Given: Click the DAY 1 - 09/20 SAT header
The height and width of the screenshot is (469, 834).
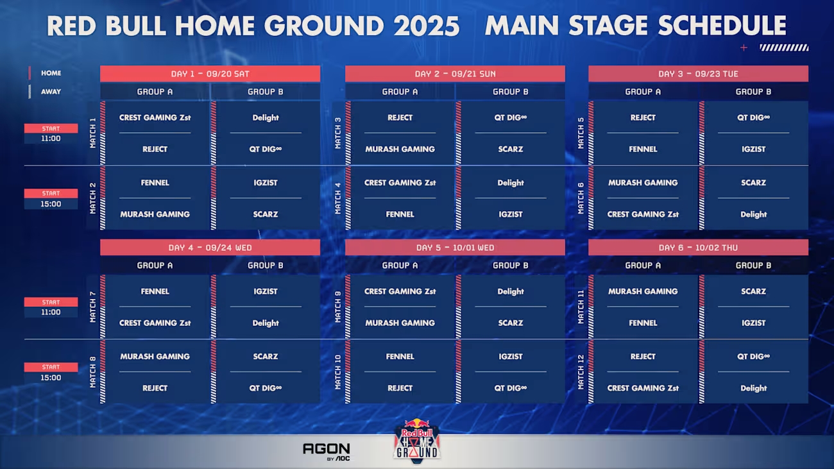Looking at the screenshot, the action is (x=210, y=74).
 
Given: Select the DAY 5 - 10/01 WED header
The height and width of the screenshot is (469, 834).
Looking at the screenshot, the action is (x=455, y=248).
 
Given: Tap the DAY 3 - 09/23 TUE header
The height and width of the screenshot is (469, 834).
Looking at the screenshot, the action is (x=698, y=74).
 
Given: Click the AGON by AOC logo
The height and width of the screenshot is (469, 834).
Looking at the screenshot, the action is (x=327, y=452).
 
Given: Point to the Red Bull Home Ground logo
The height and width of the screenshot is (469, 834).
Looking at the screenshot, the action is (x=417, y=441).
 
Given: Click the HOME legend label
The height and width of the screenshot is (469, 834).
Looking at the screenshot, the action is (x=51, y=73).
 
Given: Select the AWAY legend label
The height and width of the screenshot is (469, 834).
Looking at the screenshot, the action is (x=51, y=92).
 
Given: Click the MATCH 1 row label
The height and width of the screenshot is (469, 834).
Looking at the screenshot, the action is (x=93, y=133).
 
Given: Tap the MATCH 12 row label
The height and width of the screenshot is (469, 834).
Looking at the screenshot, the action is (x=581, y=372).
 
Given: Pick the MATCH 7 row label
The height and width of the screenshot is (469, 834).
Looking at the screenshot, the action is (x=93, y=307).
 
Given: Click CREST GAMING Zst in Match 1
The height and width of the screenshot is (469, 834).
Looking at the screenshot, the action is (x=155, y=117).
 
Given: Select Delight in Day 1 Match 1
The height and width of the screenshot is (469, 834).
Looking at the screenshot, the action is (x=266, y=117).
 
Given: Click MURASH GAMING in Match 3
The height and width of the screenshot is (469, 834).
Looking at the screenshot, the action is (x=400, y=149).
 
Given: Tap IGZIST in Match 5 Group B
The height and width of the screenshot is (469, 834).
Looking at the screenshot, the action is (x=753, y=149).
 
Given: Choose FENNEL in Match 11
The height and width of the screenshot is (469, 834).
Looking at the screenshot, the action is (x=643, y=323).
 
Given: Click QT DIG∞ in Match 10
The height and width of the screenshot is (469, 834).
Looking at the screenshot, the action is (x=511, y=388).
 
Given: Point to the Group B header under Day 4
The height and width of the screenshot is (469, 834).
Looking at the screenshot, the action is (x=266, y=266).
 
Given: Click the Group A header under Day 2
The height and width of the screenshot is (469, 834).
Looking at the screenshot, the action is (x=400, y=92).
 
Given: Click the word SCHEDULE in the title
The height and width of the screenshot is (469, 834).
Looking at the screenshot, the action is (x=722, y=26).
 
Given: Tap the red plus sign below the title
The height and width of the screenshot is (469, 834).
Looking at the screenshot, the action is (x=744, y=47).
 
